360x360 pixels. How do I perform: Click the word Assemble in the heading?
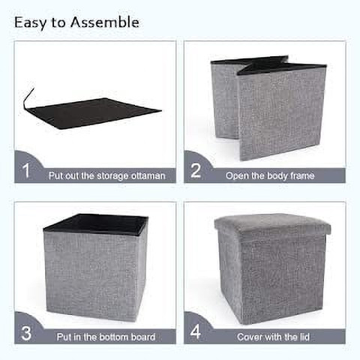coord(104,22)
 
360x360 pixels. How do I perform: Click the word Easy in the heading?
coord(30,23)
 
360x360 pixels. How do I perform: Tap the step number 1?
coord(26,170)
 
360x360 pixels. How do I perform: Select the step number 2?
coord(196,170)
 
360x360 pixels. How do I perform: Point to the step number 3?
coord(26,333)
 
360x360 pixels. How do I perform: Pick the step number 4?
coord(196,331)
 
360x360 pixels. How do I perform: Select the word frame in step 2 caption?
coord(302,175)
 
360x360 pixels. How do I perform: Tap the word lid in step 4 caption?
coord(304,337)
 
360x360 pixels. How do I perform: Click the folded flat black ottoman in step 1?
coord(95,114)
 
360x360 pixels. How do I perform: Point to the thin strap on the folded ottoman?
coord(28,97)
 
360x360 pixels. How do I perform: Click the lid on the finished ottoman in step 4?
coord(272,223)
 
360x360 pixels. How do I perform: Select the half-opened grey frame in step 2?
coord(268,107)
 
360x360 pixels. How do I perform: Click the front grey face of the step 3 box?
coord(91,275)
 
